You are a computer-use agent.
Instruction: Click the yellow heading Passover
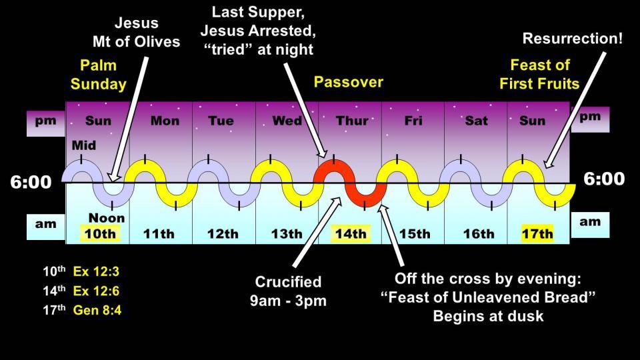[349, 82]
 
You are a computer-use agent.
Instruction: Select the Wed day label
[287, 121]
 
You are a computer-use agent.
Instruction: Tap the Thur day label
[352, 121]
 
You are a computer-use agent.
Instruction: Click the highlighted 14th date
[351, 233]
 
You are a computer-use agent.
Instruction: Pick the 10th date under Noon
[100, 233]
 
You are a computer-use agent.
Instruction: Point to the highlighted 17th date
[537, 233]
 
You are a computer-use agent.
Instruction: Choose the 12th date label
[223, 234]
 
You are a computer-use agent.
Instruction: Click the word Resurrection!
[573, 39]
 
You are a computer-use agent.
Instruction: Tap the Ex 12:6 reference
[96, 291]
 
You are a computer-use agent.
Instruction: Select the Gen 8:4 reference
[97, 310]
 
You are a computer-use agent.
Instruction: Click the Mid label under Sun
[84, 145]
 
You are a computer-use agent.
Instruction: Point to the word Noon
[107, 218]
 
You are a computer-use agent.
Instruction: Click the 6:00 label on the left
[31, 182]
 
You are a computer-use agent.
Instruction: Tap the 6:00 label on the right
[604, 179]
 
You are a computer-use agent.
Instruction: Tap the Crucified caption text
[288, 281]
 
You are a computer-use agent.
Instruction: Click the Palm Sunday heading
[99, 74]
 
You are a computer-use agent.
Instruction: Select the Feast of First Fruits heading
[539, 74]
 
